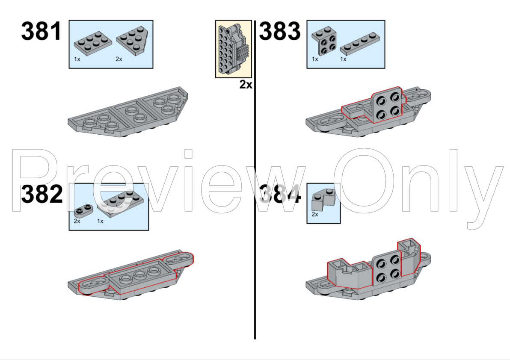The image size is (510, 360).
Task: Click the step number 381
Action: click(x=42, y=32)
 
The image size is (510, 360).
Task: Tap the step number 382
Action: click(x=42, y=195)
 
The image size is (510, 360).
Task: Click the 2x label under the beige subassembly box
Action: click(x=246, y=85)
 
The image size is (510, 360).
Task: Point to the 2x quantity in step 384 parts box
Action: click(x=315, y=215)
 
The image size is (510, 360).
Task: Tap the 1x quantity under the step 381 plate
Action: click(x=77, y=59)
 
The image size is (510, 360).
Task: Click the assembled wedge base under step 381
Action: click(x=128, y=113)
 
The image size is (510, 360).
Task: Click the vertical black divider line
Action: click(x=255, y=214)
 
